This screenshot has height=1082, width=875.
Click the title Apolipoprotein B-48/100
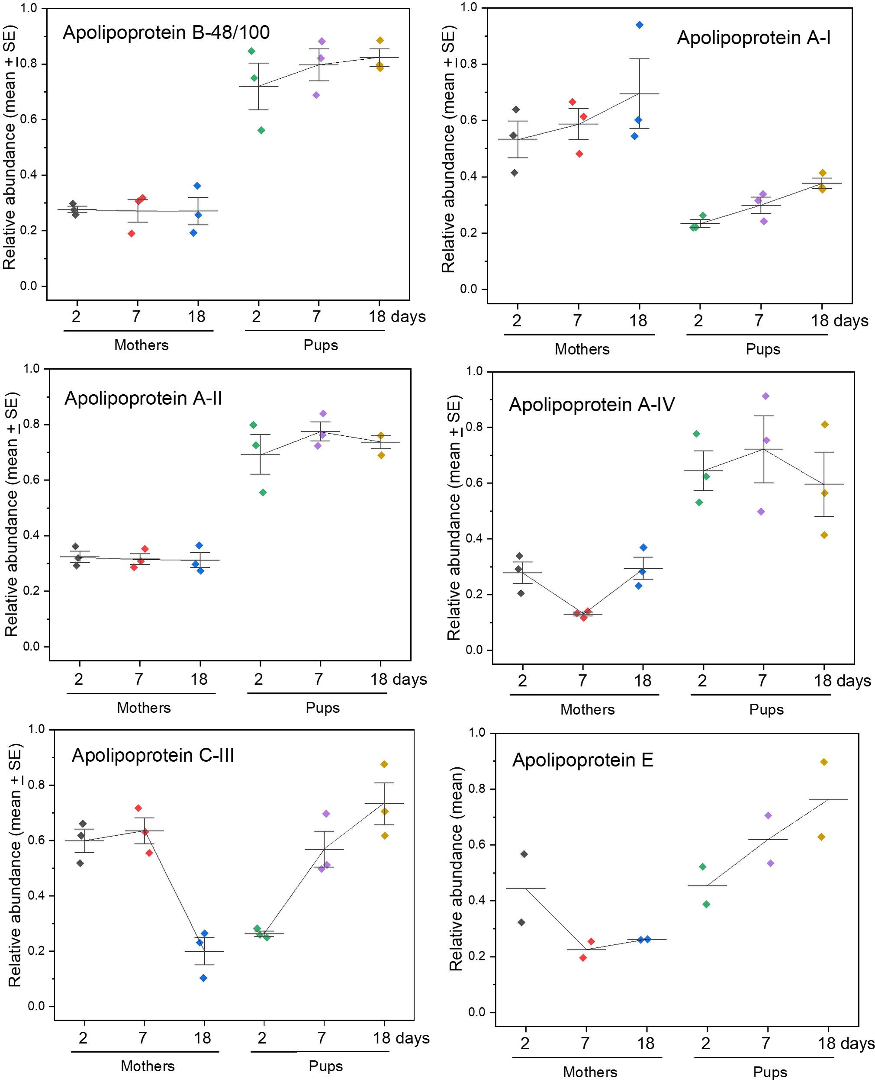pyautogui.click(x=166, y=33)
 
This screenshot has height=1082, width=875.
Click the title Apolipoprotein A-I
pyautogui.click(x=753, y=38)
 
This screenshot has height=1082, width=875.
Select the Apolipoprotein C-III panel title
pyautogui.click(x=153, y=755)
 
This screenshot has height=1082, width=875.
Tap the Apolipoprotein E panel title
pyautogui.click(x=582, y=760)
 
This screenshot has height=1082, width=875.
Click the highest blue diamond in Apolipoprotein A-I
pyautogui.click(x=639, y=25)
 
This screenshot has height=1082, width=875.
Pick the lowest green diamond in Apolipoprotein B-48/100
pyautogui.click(x=261, y=131)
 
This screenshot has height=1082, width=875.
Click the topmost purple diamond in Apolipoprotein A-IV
pyautogui.click(x=765, y=396)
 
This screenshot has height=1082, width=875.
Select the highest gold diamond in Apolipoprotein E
pyautogui.click(x=824, y=762)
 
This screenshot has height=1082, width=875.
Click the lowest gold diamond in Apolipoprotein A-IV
pyautogui.click(x=824, y=535)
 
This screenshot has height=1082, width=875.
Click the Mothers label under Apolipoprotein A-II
pyautogui.click(x=144, y=708)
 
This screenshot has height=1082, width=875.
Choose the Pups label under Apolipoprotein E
pyautogui.click(x=770, y=1072)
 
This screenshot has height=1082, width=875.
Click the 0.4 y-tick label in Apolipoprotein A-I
pyautogui.click(x=468, y=177)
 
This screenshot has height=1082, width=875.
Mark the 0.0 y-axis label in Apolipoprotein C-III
pyautogui.click(x=36, y=1006)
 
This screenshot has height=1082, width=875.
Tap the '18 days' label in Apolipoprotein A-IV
pyautogui.click(x=841, y=681)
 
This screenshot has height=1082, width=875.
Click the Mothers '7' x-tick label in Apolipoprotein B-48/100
pyautogui.click(x=136, y=316)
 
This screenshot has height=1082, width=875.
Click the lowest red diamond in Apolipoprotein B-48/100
pyautogui.click(x=132, y=233)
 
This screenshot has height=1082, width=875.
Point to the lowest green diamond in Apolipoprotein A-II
pyautogui.click(x=263, y=493)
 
